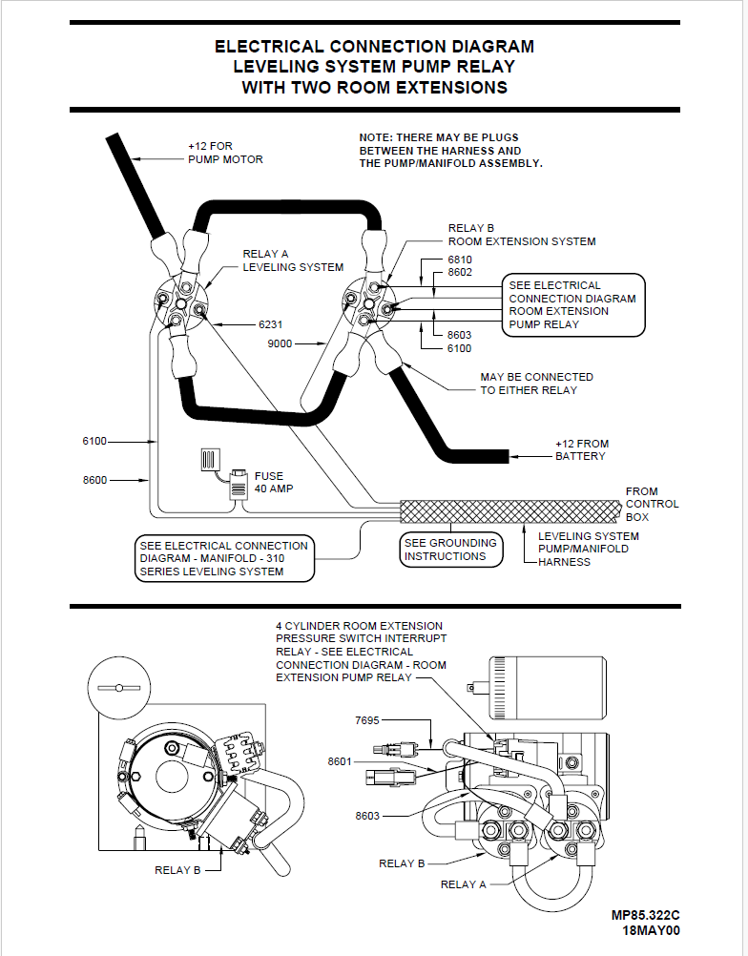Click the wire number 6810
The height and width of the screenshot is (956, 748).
tap(460, 260)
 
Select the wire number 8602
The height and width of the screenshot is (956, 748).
tap(460, 272)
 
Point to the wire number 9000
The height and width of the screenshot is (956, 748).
tap(280, 343)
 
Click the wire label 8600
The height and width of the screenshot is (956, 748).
tap(95, 480)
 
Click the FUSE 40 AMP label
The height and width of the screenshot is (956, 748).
tap(274, 482)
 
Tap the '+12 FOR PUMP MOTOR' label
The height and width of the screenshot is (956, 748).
tap(225, 153)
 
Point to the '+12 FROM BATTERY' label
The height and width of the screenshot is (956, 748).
tap(582, 449)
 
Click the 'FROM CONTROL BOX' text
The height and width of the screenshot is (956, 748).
tap(652, 504)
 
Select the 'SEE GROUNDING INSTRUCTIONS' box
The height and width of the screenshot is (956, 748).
tap(450, 550)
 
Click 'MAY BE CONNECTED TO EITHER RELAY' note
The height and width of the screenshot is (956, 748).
tap(536, 383)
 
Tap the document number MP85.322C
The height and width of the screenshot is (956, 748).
tap(646, 915)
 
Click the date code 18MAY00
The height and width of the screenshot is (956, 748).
tap(652, 930)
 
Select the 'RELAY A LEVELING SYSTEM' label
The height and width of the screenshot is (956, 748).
tap(292, 260)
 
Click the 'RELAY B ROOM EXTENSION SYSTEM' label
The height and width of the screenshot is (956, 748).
tap(521, 235)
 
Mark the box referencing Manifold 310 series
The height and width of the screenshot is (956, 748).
tap(224, 558)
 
